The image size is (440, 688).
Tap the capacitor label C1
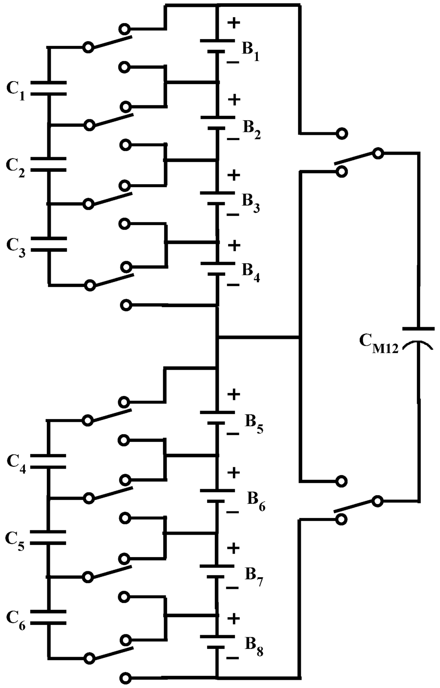click(15, 90)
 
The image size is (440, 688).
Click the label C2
click(15, 167)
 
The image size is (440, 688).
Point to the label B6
click(256, 500)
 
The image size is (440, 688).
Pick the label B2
click(251, 128)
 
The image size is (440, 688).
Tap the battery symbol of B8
click(217, 642)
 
